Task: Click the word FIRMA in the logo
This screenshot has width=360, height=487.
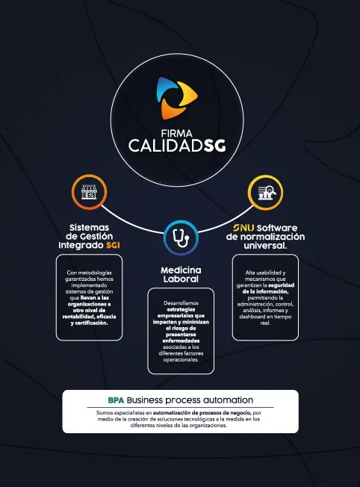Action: pyautogui.click(x=177, y=134)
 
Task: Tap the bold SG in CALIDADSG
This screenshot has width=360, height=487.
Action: pyautogui.click(x=214, y=146)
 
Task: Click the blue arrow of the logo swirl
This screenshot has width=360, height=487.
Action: pyautogui.click(x=166, y=89)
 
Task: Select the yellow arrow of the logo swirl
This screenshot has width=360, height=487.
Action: pyautogui.click(x=186, y=94)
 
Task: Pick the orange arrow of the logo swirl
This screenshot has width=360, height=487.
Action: pyautogui.click(x=172, y=109)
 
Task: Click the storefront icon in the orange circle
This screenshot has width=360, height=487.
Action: pyautogui.click(x=89, y=192)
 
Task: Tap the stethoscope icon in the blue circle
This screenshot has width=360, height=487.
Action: pyautogui.click(x=181, y=238)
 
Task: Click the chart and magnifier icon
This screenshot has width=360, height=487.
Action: pyautogui.click(x=267, y=193)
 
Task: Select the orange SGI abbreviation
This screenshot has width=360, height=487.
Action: pyautogui.click(x=113, y=245)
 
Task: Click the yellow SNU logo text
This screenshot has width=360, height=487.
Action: pyautogui.click(x=243, y=228)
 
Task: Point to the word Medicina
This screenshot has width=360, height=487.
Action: pyautogui.click(x=181, y=270)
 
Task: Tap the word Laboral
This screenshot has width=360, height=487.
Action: pyautogui.click(x=181, y=279)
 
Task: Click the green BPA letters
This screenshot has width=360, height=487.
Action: pyautogui.click(x=116, y=400)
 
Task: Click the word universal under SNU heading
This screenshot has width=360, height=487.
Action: pyautogui.click(x=265, y=246)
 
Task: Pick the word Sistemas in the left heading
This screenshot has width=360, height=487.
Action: pyautogui.click(x=89, y=227)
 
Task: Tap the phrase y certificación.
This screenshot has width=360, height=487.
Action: pyautogui.click(x=89, y=323)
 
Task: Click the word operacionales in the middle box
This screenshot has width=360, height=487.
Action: pyautogui.click(x=181, y=360)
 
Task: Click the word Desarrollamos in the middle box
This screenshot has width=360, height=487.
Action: pyautogui.click(x=181, y=303)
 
